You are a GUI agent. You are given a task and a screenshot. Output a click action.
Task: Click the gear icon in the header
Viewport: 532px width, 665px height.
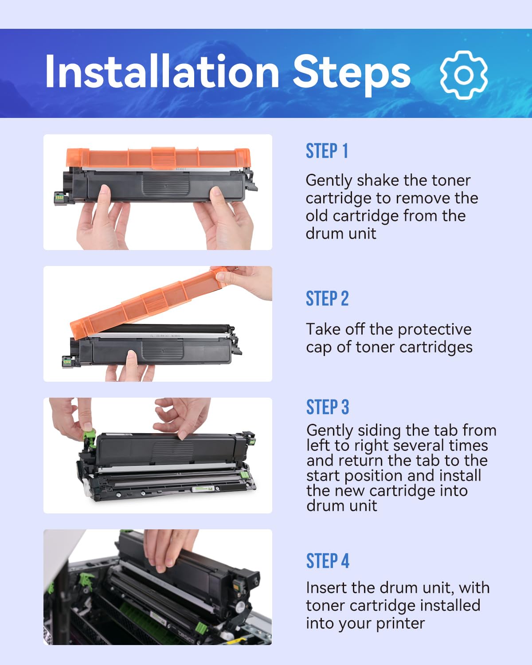[464, 75]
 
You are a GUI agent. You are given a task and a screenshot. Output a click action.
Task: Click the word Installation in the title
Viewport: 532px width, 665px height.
[162, 72]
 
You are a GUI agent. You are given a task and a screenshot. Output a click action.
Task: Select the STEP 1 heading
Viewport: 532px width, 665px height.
[327, 151]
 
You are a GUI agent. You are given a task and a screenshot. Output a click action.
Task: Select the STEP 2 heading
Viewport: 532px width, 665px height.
[327, 299]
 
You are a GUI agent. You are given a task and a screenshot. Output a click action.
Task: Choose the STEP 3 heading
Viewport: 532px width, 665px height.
[328, 407]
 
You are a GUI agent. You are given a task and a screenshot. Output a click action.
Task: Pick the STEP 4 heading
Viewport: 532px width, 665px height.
[328, 561]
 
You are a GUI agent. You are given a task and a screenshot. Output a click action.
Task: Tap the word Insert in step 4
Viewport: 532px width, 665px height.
[326, 588]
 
